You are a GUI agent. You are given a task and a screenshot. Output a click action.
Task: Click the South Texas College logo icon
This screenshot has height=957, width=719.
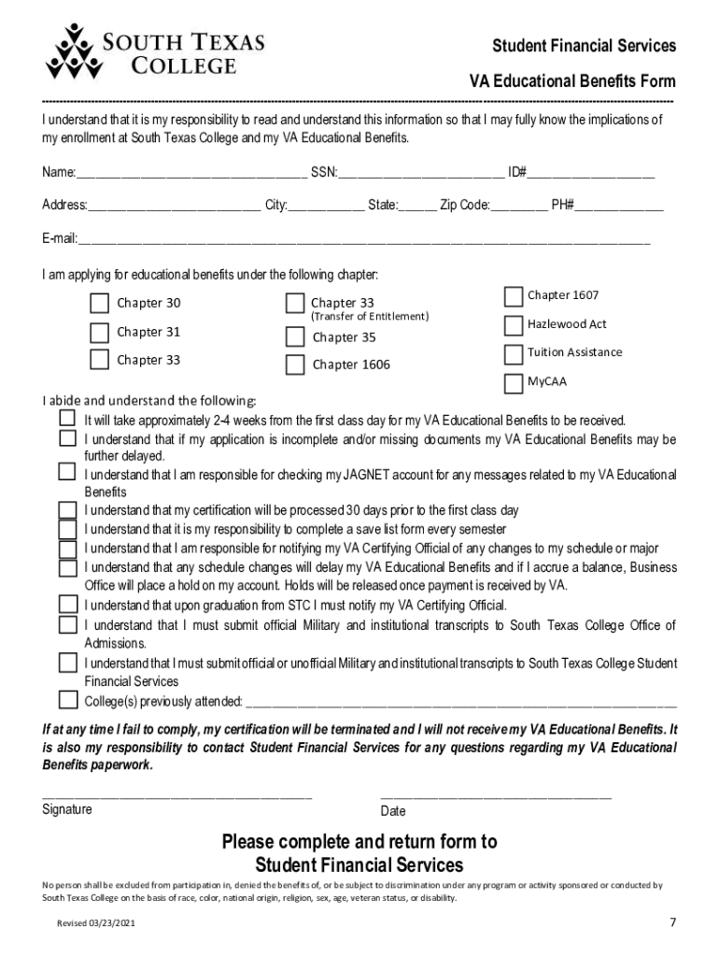click(72, 52)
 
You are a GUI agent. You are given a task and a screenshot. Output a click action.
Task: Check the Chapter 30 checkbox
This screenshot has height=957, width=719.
click(99, 303)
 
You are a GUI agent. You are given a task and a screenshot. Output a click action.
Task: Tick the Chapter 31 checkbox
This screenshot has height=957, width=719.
click(99, 332)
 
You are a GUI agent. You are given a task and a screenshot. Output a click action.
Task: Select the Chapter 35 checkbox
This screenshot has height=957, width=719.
click(295, 336)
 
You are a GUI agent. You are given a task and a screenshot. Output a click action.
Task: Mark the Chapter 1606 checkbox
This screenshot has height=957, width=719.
click(295, 364)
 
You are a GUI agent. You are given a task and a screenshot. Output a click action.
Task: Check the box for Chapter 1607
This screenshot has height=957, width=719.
click(513, 296)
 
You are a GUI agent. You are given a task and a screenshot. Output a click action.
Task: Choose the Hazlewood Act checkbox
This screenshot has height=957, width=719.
click(513, 325)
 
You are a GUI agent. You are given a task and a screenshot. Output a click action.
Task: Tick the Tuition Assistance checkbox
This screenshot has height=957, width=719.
click(513, 354)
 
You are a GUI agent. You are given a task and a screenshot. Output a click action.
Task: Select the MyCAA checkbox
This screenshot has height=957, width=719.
click(513, 383)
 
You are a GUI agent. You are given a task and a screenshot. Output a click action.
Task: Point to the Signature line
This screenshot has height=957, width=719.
click(177, 797)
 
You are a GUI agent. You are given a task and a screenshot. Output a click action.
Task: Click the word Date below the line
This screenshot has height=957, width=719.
click(393, 811)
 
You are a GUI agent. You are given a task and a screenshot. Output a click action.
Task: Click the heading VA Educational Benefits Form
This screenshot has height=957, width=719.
click(571, 81)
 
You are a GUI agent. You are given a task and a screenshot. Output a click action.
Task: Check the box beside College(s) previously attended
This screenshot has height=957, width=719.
click(68, 700)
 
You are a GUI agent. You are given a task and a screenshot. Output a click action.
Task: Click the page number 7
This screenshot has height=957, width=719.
click(672, 923)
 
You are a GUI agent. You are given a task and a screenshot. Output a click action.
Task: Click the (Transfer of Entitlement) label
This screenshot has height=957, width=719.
click(369, 317)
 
